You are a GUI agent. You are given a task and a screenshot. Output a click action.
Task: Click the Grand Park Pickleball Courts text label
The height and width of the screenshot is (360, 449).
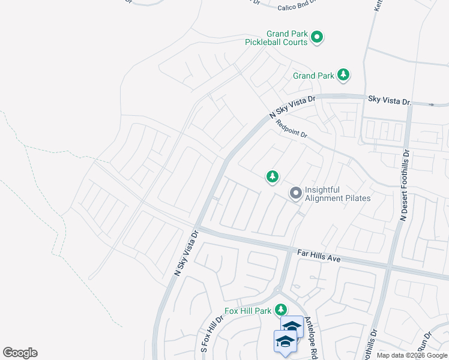276,38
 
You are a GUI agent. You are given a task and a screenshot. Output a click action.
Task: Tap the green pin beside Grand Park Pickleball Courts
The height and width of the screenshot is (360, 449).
317,38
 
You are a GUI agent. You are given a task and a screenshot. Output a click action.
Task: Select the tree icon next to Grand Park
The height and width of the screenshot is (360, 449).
343,75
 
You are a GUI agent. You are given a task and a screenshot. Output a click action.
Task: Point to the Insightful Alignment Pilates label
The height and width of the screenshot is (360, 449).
337,193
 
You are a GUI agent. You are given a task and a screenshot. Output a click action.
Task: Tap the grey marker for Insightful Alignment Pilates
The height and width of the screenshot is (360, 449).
295,193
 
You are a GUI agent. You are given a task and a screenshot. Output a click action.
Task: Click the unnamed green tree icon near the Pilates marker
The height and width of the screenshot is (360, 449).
273,176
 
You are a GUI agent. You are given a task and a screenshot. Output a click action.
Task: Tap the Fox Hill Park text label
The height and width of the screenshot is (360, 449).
249,311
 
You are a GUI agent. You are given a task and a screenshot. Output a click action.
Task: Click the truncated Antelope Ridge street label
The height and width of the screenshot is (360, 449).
310,338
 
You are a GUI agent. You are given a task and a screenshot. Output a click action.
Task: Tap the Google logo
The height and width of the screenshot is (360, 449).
20,353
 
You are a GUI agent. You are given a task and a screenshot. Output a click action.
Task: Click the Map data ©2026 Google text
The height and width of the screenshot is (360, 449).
411,355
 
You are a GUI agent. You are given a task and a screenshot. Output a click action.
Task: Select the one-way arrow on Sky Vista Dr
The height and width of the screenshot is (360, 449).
432,104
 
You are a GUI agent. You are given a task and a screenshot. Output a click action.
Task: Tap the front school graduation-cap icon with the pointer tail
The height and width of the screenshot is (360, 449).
285,341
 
